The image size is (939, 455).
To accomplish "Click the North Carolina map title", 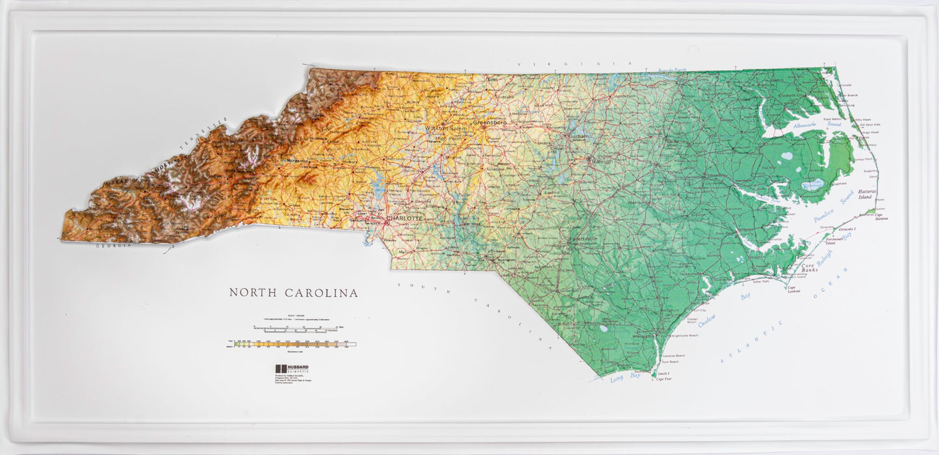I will [293, 293].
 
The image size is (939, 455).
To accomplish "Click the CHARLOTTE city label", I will [404, 218].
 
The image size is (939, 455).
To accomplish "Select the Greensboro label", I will [489, 122].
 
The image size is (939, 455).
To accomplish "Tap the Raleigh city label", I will [601, 161].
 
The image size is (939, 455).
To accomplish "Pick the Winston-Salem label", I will [447, 129].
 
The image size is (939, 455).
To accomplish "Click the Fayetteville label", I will [583, 239].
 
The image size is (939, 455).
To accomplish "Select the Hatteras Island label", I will [867, 194].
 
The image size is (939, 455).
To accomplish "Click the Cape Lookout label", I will [792, 290].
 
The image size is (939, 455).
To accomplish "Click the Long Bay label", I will [625, 377].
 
